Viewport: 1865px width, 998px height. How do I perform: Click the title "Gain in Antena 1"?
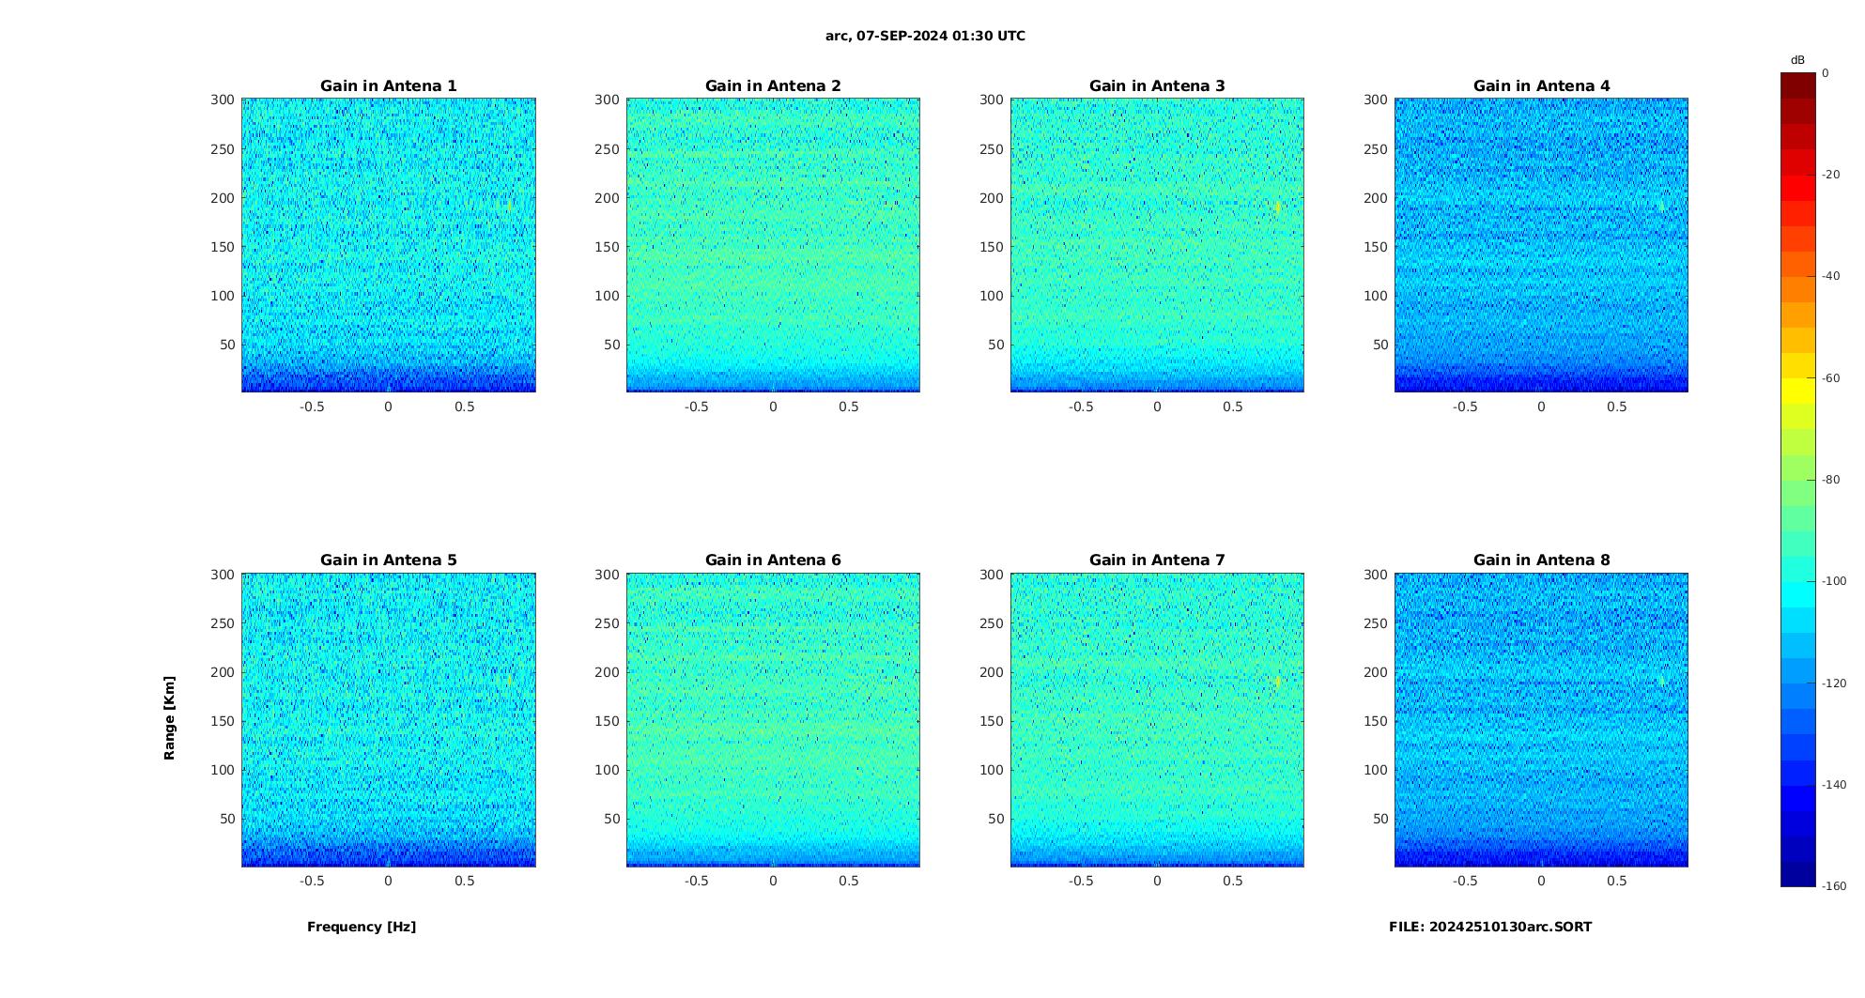tap(388, 86)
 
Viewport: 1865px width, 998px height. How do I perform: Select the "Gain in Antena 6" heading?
tap(773, 560)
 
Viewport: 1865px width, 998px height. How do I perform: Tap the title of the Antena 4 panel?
tap(1541, 86)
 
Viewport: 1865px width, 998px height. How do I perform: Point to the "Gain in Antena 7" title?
tap(1157, 560)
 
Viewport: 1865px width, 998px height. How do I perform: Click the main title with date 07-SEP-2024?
tap(925, 37)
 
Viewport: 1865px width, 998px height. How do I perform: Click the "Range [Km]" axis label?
tap(170, 718)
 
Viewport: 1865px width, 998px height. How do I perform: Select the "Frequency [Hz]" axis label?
tap(362, 927)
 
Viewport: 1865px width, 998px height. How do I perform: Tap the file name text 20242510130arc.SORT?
tap(1490, 927)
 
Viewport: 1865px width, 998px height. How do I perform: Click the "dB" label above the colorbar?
tap(1797, 60)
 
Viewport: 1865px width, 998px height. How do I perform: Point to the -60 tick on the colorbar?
tap(1831, 378)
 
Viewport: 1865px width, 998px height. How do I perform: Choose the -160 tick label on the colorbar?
tap(1834, 886)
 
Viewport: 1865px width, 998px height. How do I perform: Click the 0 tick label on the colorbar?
tap(1826, 73)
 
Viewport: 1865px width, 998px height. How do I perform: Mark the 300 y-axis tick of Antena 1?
tap(223, 100)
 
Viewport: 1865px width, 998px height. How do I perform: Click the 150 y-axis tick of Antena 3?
tap(992, 247)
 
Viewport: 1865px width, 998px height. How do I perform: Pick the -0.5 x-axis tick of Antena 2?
tap(696, 407)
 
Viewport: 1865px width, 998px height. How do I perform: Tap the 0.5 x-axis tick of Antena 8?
tap(1616, 881)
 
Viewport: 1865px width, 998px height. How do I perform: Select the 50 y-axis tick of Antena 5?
tap(227, 819)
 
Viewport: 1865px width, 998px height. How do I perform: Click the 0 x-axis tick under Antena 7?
tap(1157, 881)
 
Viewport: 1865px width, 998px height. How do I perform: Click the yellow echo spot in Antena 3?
tap(1278, 207)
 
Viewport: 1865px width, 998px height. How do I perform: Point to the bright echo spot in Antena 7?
tap(1278, 682)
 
